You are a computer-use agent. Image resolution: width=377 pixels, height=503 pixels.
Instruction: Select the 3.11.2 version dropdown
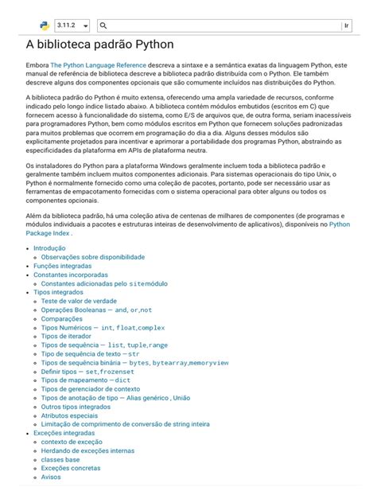pyautogui.click(x=72, y=26)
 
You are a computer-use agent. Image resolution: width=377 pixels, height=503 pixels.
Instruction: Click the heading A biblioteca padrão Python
pyautogui.click(x=99, y=45)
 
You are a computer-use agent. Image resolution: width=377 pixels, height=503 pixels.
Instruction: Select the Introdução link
pyautogui.click(x=49, y=248)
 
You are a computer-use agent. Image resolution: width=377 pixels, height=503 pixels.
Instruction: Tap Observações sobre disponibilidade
pyautogui.click(x=92, y=258)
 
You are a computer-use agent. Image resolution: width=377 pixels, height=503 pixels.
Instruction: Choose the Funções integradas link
pyautogui.click(x=68, y=267)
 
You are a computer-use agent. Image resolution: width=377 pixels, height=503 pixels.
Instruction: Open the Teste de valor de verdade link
pyautogui.click(x=79, y=302)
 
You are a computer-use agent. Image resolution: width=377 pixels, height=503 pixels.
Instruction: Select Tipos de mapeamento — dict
pyautogui.click(x=85, y=380)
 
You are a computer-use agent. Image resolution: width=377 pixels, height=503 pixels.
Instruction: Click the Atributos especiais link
pyautogui.click(x=69, y=415)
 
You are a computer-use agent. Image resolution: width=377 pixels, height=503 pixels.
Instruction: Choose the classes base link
pyautogui.click(x=60, y=459)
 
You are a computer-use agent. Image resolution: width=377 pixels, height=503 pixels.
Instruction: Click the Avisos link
pyautogui.click(x=51, y=477)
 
